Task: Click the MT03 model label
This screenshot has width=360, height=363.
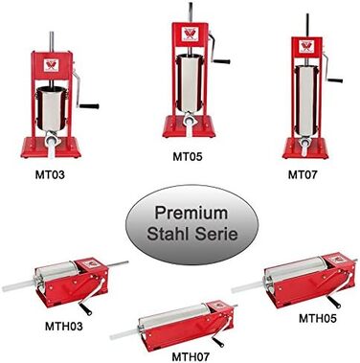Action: tap(50, 174)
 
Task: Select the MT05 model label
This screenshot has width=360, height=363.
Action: tap(188, 157)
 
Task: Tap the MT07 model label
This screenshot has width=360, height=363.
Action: tap(303, 174)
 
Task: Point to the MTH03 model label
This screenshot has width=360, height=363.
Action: tap(64, 326)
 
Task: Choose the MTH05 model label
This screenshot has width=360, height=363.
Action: tap(318, 318)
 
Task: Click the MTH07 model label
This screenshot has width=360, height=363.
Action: tap(191, 356)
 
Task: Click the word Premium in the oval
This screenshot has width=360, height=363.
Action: tap(191, 213)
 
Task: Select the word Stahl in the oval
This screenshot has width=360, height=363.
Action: tap(168, 234)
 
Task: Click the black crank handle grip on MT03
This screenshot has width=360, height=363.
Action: tap(89, 106)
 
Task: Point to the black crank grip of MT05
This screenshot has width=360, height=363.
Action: tap(222, 61)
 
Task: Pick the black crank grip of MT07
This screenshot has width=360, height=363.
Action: tap(335, 80)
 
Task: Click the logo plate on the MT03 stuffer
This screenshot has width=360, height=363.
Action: tap(51, 65)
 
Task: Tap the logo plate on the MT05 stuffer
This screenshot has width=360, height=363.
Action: tap(191, 34)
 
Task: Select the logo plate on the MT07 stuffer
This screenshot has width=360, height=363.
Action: tap(306, 46)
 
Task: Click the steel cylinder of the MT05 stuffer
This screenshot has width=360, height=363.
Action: tap(190, 83)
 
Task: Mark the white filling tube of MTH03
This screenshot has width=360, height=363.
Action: tap(18, 285)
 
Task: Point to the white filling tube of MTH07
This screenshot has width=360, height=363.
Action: tap(124, 334)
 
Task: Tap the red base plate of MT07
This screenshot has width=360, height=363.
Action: tap(305, 149)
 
